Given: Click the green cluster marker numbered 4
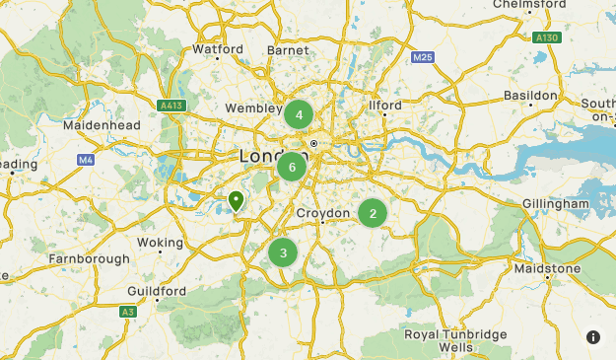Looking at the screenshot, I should [x=298, y=115].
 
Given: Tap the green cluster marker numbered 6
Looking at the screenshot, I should [x=292, y=167].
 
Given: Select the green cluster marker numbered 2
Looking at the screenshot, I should [x=372, y=213].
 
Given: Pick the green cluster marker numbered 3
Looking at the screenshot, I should [x=283, y=253].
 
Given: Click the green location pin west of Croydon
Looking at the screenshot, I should [x=237, y=202].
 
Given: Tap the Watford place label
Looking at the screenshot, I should [x=218, y=48].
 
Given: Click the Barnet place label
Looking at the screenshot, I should [x=288, y=48].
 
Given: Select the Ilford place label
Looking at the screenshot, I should [x=384, y=105].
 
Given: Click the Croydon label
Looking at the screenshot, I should [x=322, y=213].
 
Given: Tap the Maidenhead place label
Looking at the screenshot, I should [x=102, y=125].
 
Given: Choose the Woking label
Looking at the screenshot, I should [x=160, y=242].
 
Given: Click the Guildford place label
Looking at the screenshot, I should [x=157, y=291].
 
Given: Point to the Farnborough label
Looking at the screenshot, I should [x=89, y=258].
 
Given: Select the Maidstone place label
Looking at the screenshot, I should [x=547, y=268].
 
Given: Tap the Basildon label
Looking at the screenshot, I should [x=530, y=95].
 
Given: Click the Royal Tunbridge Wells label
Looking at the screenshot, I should [x=455, y=340].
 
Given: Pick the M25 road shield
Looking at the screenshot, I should [x=423, y=57].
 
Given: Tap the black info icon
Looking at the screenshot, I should [x=593, y=337].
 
